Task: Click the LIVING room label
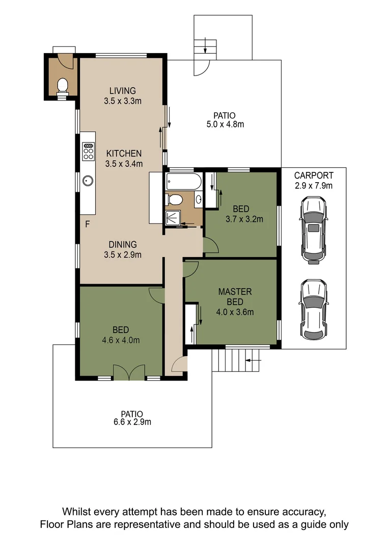point(122,91)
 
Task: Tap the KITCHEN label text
point(124,154)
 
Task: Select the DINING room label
point(123,244)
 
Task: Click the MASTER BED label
point(235,296)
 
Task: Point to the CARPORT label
point(314,176)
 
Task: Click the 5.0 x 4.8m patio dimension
point(225,124)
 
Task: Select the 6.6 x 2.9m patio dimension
point(132,422)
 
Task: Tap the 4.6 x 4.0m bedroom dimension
point(121,340)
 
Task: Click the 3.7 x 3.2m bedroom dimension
point(244,219)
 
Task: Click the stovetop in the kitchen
point(88,151)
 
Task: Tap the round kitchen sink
point(88,181)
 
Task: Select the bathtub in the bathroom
point(184,181)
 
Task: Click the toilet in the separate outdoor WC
point(63,87)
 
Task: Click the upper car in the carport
point(313,230)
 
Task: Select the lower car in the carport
point(313,310)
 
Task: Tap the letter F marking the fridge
point(88,224)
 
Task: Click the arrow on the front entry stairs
point(254,360)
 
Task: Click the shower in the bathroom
point(173,218)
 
